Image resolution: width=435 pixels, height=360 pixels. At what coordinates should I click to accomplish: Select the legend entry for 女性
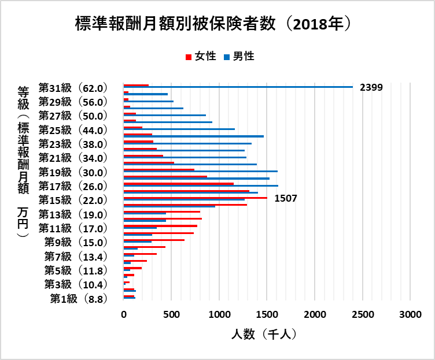200,56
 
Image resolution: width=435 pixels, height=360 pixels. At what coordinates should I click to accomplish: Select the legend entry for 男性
238,56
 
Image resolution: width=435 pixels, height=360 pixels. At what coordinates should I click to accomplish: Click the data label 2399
371,87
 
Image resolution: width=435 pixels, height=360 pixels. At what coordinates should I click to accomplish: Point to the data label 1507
285,198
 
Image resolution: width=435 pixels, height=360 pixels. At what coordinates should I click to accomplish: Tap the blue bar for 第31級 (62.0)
238,87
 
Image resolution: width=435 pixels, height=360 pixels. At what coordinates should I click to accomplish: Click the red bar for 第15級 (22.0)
195,198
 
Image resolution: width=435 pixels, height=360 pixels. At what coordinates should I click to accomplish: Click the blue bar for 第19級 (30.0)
200,172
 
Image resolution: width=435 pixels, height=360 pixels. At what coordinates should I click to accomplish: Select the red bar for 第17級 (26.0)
178,184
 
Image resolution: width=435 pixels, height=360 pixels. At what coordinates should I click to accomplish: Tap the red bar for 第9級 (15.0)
154,240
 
